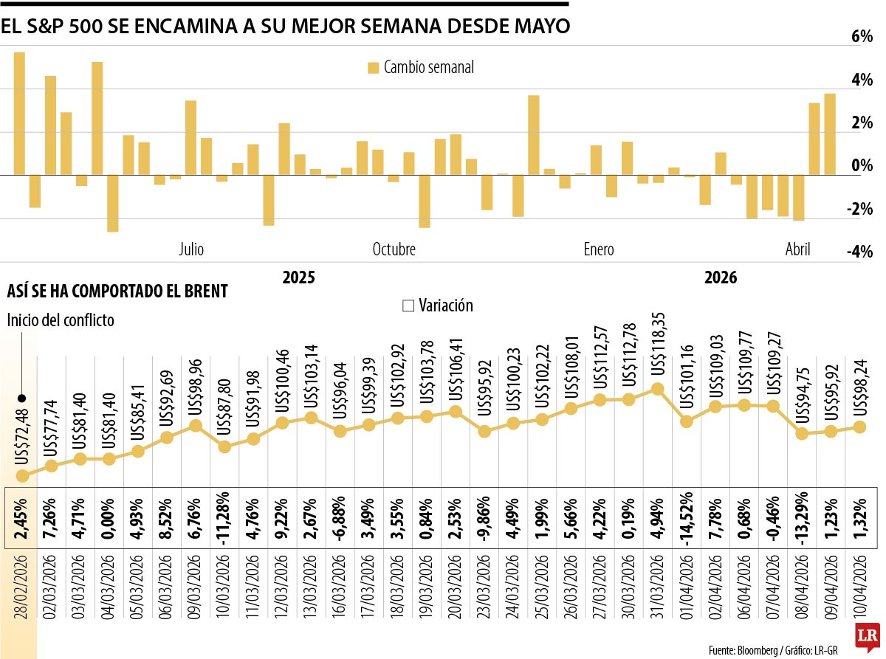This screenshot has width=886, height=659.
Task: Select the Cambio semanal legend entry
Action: point(421,68)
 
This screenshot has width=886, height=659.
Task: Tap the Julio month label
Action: point(191,249)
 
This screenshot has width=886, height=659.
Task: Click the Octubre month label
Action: point(394,249)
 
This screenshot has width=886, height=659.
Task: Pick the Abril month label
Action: point(797,249)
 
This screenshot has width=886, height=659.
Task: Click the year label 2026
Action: point(721,278)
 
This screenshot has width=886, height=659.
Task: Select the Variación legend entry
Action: point(437,306)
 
